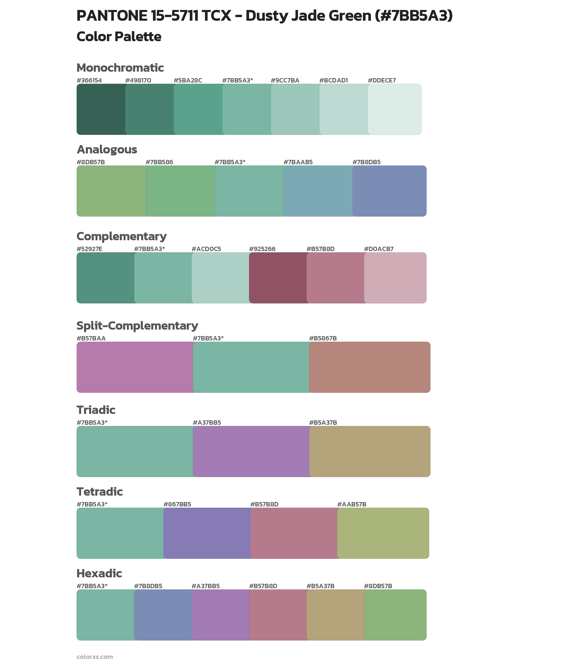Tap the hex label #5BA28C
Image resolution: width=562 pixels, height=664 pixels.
(x=188, y=80)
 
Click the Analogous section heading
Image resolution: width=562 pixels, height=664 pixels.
(x=107, y=149)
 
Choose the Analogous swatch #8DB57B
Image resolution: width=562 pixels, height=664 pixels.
(x=111, y=191)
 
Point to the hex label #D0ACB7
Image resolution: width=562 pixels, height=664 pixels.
(x=379, y=249)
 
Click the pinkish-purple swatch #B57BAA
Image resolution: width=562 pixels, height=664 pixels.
(x=135, y=367)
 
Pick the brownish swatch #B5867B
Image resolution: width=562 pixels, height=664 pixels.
(x=370, y=367)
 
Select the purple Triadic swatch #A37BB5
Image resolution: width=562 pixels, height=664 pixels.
(x=251, y=452)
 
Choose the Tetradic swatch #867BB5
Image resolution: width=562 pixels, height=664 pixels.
(x=207, y=533)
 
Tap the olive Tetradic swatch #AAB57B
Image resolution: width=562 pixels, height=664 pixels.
(x=383, y=533)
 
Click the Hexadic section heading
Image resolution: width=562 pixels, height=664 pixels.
(x=99, y=573)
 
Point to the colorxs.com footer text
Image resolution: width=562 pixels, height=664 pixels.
(x=95, y=657)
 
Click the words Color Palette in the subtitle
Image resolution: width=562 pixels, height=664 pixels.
(x=119, y=37)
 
